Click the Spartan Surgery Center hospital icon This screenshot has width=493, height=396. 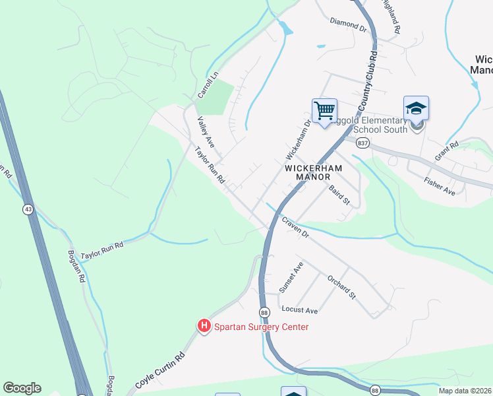(x=204, y=326)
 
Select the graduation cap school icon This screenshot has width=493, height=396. (x=416, y=108)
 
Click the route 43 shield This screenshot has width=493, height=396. (x=28, y=209)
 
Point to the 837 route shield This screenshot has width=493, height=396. (x=362, y=143)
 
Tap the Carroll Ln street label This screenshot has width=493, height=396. (x=208, y=87)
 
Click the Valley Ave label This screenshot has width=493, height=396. (x=206, y=132)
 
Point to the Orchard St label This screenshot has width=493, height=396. (x=341, y=286)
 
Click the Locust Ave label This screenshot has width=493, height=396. (x=299, y=310)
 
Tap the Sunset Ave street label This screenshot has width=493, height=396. (x=290, y=277)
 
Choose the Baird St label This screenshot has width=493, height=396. (x=339, y=195)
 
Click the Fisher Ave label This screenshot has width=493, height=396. (x=440, y=186)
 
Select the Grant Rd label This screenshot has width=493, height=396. (x=446, y=153)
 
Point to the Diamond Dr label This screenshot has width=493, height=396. (x=348, y=26)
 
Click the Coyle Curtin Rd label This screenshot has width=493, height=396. (x=160, y=374)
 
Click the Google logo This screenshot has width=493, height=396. (x=22, y=388)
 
